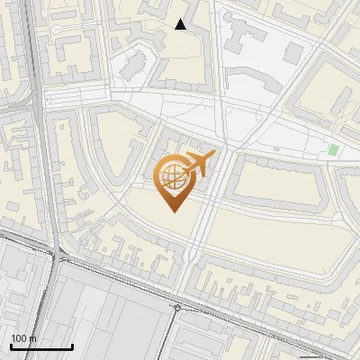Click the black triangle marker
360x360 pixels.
pos(181,24)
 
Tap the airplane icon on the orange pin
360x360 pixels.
pos(197,164)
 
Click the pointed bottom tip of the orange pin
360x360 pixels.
pos(174,210)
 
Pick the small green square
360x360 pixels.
pos(334,149)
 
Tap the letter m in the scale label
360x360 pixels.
pos(33,338)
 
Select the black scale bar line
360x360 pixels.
pos(41,346)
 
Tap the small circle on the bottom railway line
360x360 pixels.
pos(177,306)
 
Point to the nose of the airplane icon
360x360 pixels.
pos(213,157)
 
